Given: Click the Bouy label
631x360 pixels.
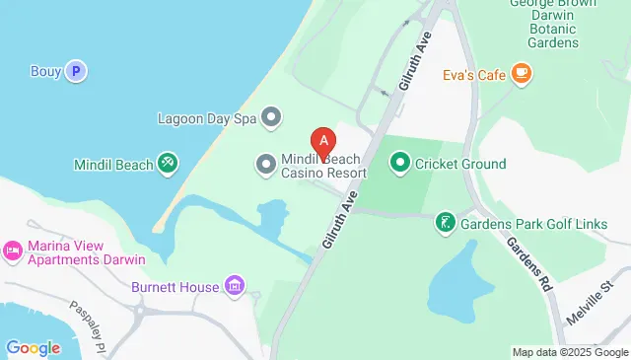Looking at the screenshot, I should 44,70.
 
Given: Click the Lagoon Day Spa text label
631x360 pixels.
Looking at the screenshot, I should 207,118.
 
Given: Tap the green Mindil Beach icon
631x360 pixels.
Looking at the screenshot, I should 168,164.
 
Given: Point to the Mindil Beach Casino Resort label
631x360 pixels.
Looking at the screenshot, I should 323,165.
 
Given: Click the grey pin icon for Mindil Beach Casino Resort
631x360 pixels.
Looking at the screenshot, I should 265,164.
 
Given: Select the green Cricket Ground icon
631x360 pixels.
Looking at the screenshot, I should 400,162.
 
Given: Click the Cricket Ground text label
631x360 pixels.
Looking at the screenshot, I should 460,164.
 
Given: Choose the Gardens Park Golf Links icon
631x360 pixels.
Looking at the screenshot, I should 446,224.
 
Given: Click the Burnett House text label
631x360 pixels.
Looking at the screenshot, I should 175,288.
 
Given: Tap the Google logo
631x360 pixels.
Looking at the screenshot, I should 33,347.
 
